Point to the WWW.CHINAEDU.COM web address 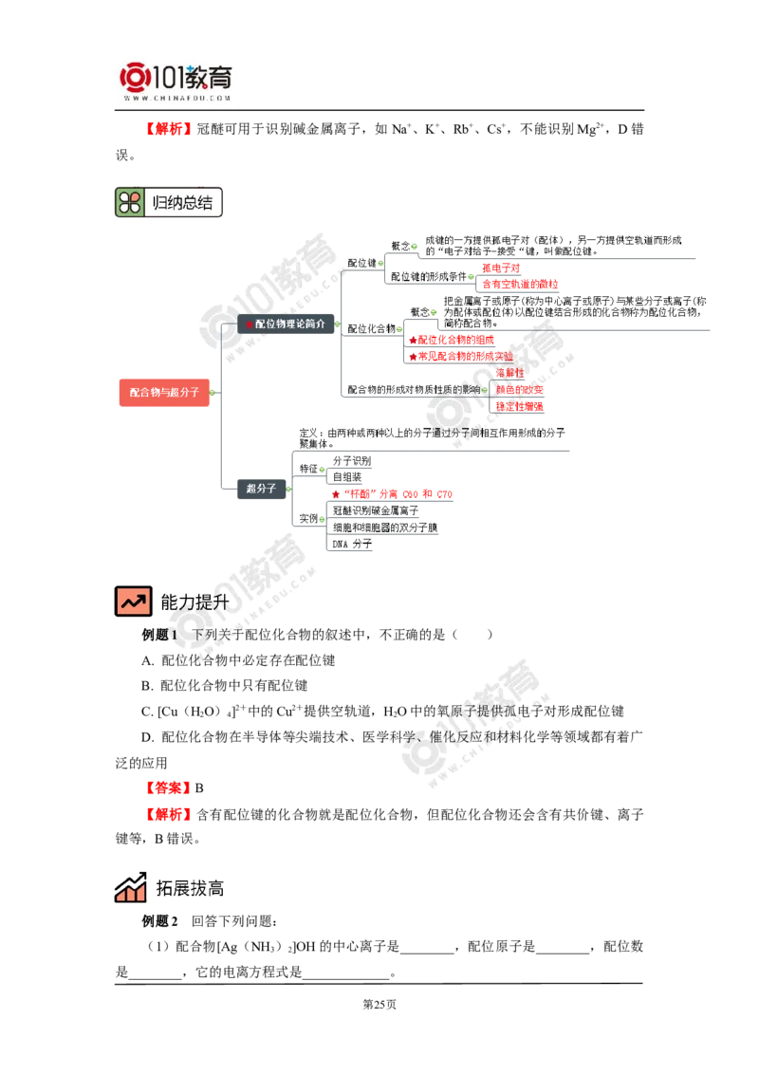[x=177, y=97]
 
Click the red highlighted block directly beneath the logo [x=170, y=129]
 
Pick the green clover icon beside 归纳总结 [x=130, y=202]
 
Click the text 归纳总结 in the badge [x=182, y=202]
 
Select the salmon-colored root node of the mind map [x=162, y=392]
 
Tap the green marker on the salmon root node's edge [x=213, y=392]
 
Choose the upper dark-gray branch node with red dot [x=286, y=324]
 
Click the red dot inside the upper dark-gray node [x=250, y=324]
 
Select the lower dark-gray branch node [x=261, y=489]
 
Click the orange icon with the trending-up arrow [x=133, y=601]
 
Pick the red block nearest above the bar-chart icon [x=170, y=814]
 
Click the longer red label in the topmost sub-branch [x=520, y=284]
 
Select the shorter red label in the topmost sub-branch [x=501, y=268]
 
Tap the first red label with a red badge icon [x=453, y=340]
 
